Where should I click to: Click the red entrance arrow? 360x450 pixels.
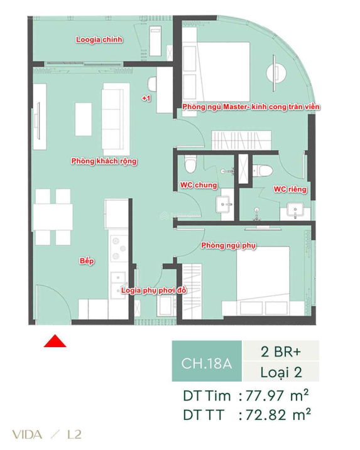(x=55, y=341)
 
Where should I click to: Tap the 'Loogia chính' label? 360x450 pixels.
(x=99, y=40)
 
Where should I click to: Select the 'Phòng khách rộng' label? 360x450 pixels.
(x=104, y=161)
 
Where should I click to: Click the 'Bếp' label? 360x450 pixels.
(x=87, y=260)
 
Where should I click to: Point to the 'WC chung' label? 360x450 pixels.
(x=199, y=185)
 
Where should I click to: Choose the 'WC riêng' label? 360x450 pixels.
(x=290, y=189)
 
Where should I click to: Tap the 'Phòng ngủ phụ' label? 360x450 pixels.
(x=229, y=245)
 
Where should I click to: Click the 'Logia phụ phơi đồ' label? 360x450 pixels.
(x=154, y=291)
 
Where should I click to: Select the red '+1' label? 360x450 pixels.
(x=146, y=98)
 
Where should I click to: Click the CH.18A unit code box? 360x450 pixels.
(x=207, y=361)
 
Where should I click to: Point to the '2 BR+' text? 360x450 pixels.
(x=281, y=351)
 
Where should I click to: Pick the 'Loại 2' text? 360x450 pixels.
(x=281, y=372)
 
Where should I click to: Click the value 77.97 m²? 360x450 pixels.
(x=277, y=395)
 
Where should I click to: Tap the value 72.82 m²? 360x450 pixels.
(x=278, y=415)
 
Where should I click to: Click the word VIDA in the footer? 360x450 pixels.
(x=27, y=435)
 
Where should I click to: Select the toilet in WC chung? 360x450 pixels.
(x=190, y=164)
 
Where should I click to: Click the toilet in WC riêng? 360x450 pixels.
(x=262, y=171)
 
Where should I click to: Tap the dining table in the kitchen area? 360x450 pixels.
(x=53, y=217)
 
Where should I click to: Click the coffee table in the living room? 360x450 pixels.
(x=84, y=119)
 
